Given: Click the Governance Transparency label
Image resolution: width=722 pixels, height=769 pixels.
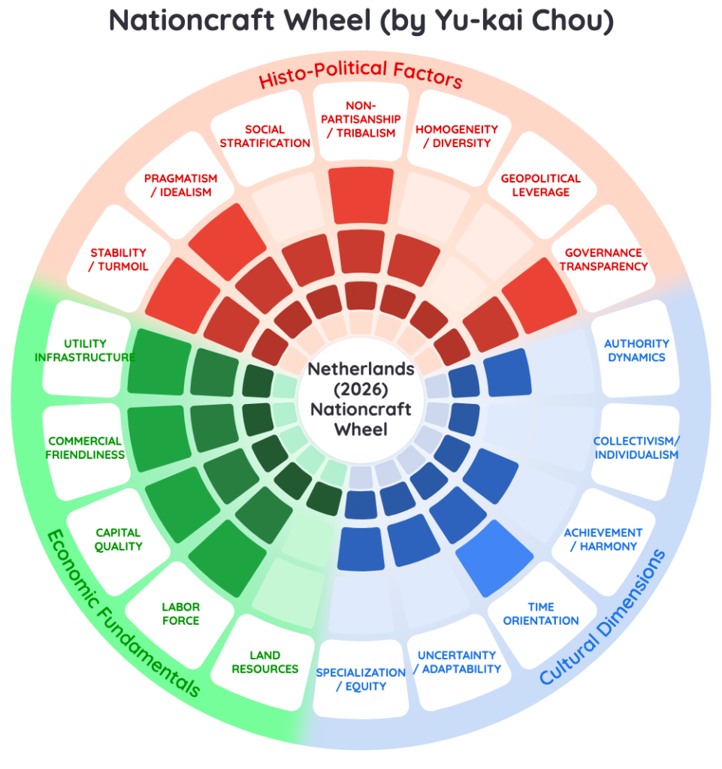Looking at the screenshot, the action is (x=603, y=259).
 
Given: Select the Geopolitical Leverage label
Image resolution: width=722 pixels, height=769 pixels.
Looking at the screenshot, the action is (x=540, y=185).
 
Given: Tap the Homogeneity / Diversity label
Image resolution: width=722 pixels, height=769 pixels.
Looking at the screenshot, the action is (x=457, y=137).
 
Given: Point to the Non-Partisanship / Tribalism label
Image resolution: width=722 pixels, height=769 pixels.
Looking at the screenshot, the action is (x=361, y=119).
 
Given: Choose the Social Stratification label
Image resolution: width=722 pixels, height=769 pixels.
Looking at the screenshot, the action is (x=265, y=137).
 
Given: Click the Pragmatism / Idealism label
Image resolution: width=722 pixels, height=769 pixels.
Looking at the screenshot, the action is (x=180, y=185).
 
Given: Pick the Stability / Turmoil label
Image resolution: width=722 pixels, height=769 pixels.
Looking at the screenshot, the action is (x=118, y=259).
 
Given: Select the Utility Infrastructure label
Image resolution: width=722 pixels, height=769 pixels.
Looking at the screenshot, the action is (x=85, y=350).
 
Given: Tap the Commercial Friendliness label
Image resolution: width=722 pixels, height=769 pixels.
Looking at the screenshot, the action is (x=85, y=448).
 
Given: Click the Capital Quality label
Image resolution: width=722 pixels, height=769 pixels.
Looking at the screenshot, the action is (x=118, y=539).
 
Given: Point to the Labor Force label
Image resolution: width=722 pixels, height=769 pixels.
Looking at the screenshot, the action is (x=180, y=614).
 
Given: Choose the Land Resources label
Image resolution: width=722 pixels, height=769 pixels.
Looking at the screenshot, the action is (x=265, y=662).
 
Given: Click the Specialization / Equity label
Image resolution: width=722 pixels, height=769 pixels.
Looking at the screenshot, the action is (x=361, y=679).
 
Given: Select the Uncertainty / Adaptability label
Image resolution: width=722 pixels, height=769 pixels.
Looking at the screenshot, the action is (x=457, y=662).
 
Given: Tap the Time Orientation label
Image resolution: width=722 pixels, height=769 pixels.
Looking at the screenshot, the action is (x=541, y=614).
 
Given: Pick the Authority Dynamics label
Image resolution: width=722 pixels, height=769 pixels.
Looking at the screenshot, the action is (x=636, y=350).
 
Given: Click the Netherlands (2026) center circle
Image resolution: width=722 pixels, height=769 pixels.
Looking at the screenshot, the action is (x=361, y=400).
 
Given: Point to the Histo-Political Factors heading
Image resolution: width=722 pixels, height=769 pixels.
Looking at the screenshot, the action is (x=361, y=74).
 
